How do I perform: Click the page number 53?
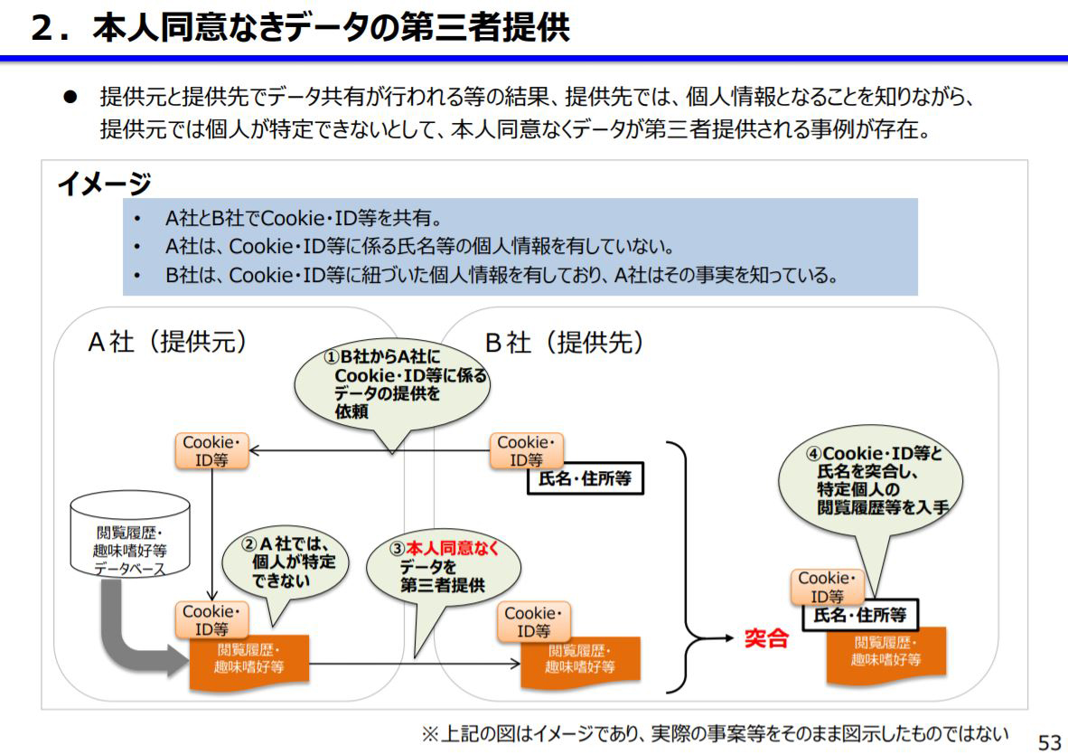[1049, 741]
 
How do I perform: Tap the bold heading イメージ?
[104, 184]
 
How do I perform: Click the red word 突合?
[766, 639]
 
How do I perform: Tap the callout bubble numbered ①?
[392, 383]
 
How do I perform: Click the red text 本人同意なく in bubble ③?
[451, 548]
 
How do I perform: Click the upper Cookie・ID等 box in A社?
[211, 451]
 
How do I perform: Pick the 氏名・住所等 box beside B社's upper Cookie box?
[585, 478]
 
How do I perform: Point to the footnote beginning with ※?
[714, 731]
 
